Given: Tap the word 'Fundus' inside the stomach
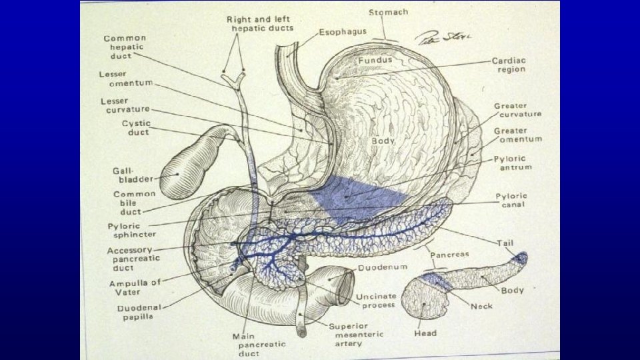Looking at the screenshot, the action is tap(375, 60).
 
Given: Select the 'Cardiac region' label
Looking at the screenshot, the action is tap(508, 65).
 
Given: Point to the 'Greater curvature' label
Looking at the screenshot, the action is tap(517, 110).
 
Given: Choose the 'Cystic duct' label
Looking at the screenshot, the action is tap(136, 127).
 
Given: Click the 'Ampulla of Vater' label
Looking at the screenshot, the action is tap(135, 287).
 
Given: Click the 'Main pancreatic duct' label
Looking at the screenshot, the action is tap(259, 344).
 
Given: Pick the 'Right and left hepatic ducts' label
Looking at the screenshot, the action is tap(261, 23).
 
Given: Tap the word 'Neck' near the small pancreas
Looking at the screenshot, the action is tap(481, 307).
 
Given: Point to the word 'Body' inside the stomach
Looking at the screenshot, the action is tap(384, 141).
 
